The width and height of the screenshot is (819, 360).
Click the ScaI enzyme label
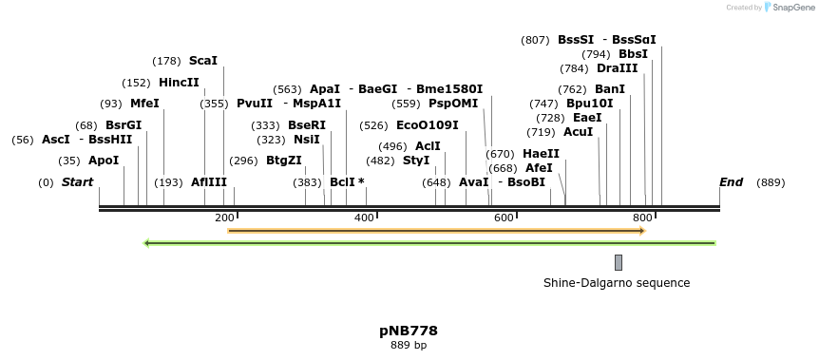pos(202,61)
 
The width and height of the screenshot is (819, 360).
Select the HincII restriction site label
pos(179,83)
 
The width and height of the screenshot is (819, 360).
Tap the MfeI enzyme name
pos(144,104)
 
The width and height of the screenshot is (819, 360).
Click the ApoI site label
pos(104,161)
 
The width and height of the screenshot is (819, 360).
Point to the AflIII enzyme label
pos(209,182)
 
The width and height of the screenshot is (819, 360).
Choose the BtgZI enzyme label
pos(283,161)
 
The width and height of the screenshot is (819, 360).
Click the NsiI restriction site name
pos(307,140)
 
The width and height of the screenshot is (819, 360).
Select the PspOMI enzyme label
pos(453,104)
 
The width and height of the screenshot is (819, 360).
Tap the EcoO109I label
pos(427,125)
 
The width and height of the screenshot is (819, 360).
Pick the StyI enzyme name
pos(416,161)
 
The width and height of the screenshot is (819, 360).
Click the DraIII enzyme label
pos(617,68)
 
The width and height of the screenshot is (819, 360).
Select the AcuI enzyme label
pos(578,132)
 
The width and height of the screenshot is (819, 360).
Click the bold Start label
pos(77,182)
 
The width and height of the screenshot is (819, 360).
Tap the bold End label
pos(731,182)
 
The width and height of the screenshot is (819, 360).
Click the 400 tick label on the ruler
pos(365,218)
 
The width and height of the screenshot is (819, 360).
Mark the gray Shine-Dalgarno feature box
pos(618,262)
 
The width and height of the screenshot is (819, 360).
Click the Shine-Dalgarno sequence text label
pos(616,283)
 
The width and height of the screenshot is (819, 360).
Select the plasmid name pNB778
pos(409,332)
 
